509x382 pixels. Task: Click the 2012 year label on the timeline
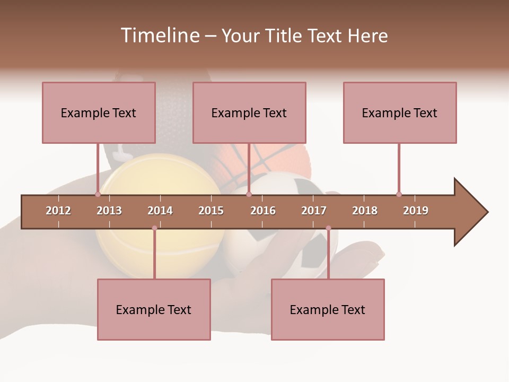(x=58, y=211)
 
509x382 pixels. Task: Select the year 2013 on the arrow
(x=109, y=211)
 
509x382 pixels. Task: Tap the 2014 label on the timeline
(x=160, y=211)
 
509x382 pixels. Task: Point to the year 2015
(x=211, y=211)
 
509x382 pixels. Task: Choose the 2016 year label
(x=263, y=211)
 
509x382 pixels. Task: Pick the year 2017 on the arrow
(x=314, y=211)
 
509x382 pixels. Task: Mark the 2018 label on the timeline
(x=365, y=211)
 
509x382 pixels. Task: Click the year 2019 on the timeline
(x=416, y=211)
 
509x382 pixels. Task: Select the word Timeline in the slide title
(x=159, y=36)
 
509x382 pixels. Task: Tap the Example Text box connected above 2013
(x=99, y=112)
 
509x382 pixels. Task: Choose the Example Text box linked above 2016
(x=249, y=112)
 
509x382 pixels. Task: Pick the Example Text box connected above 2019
(x=400, y=112)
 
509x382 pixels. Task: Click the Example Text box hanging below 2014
(x=154, y=309)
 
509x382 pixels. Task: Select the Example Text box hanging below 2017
(x=328, y=309)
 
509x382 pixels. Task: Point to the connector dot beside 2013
(x=98, y=194)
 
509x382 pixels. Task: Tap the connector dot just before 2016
(x=249, y=194)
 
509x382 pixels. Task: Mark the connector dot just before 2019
(x=399, y=194)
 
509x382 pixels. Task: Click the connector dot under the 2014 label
(x=154, y=228)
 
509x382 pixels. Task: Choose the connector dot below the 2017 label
(x=328, y=228)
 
